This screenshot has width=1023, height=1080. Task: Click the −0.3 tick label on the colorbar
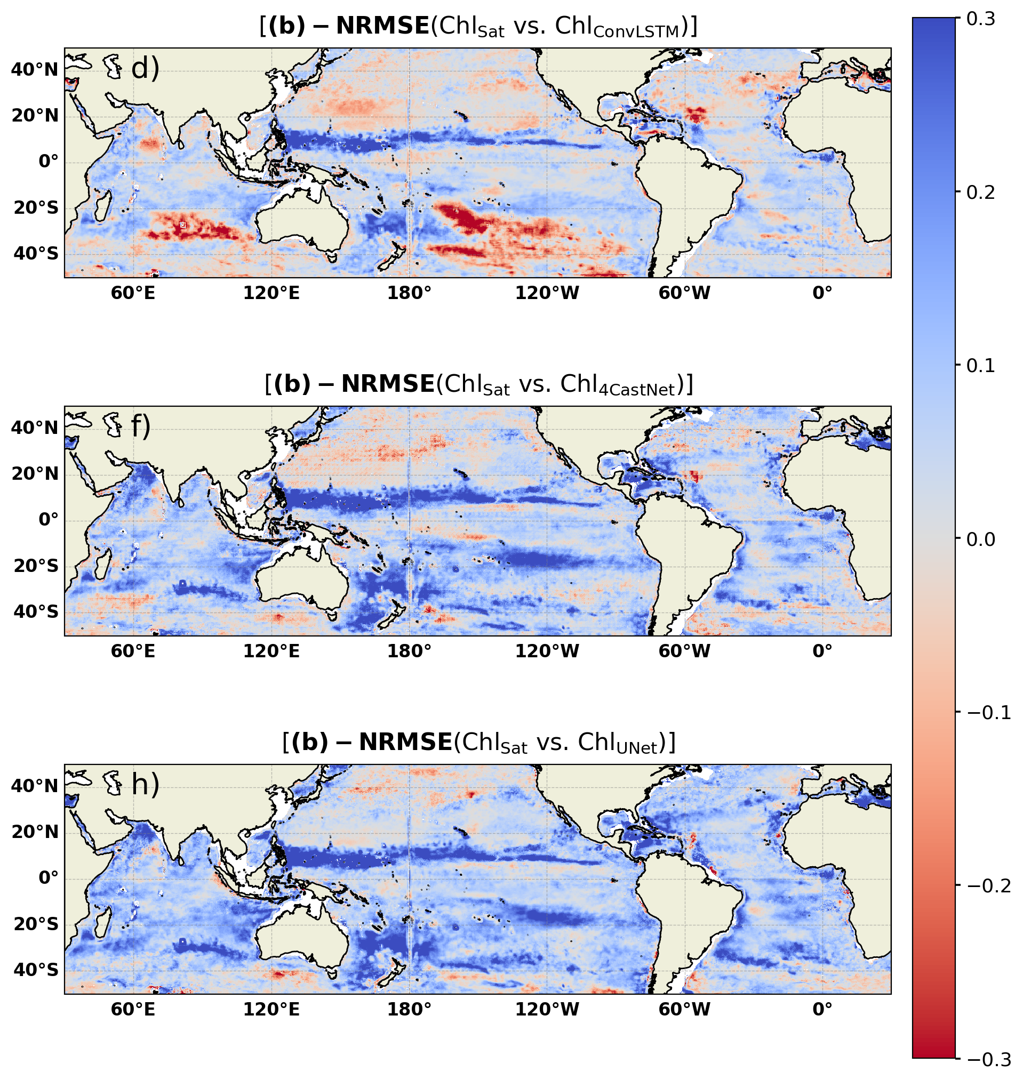[x=989, y=1059]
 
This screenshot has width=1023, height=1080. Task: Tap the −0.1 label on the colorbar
[x=989, y=712]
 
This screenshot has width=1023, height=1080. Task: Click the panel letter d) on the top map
[x=145, y=69]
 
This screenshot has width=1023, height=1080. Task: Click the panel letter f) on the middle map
[x=141, y=426]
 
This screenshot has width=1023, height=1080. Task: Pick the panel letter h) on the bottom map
[x=145, y=785]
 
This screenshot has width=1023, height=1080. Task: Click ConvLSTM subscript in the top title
[x=636, y=31]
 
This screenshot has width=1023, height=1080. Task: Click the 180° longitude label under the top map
[x=409, y=293]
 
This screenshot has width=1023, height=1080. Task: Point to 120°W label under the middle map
[x=547, y=651]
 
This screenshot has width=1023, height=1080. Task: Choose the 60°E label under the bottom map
[x=133, y=1009]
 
